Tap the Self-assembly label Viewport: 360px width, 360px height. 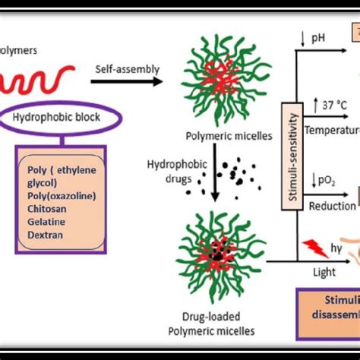[127, 69]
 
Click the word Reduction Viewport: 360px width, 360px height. [327, 205]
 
